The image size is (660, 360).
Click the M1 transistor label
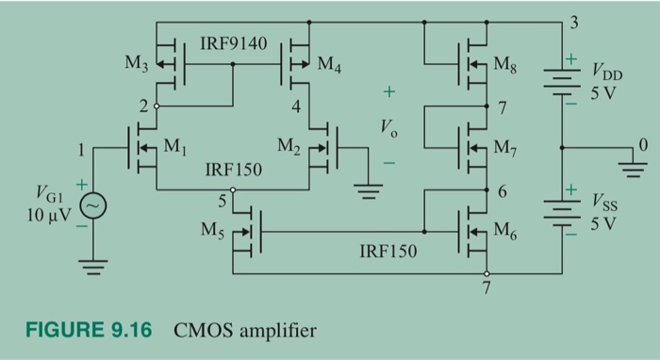pos(176,147)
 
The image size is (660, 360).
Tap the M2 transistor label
pos(290,147)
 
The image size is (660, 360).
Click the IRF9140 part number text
pos(234,44)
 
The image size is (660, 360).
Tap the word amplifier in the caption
pos(277,331)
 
